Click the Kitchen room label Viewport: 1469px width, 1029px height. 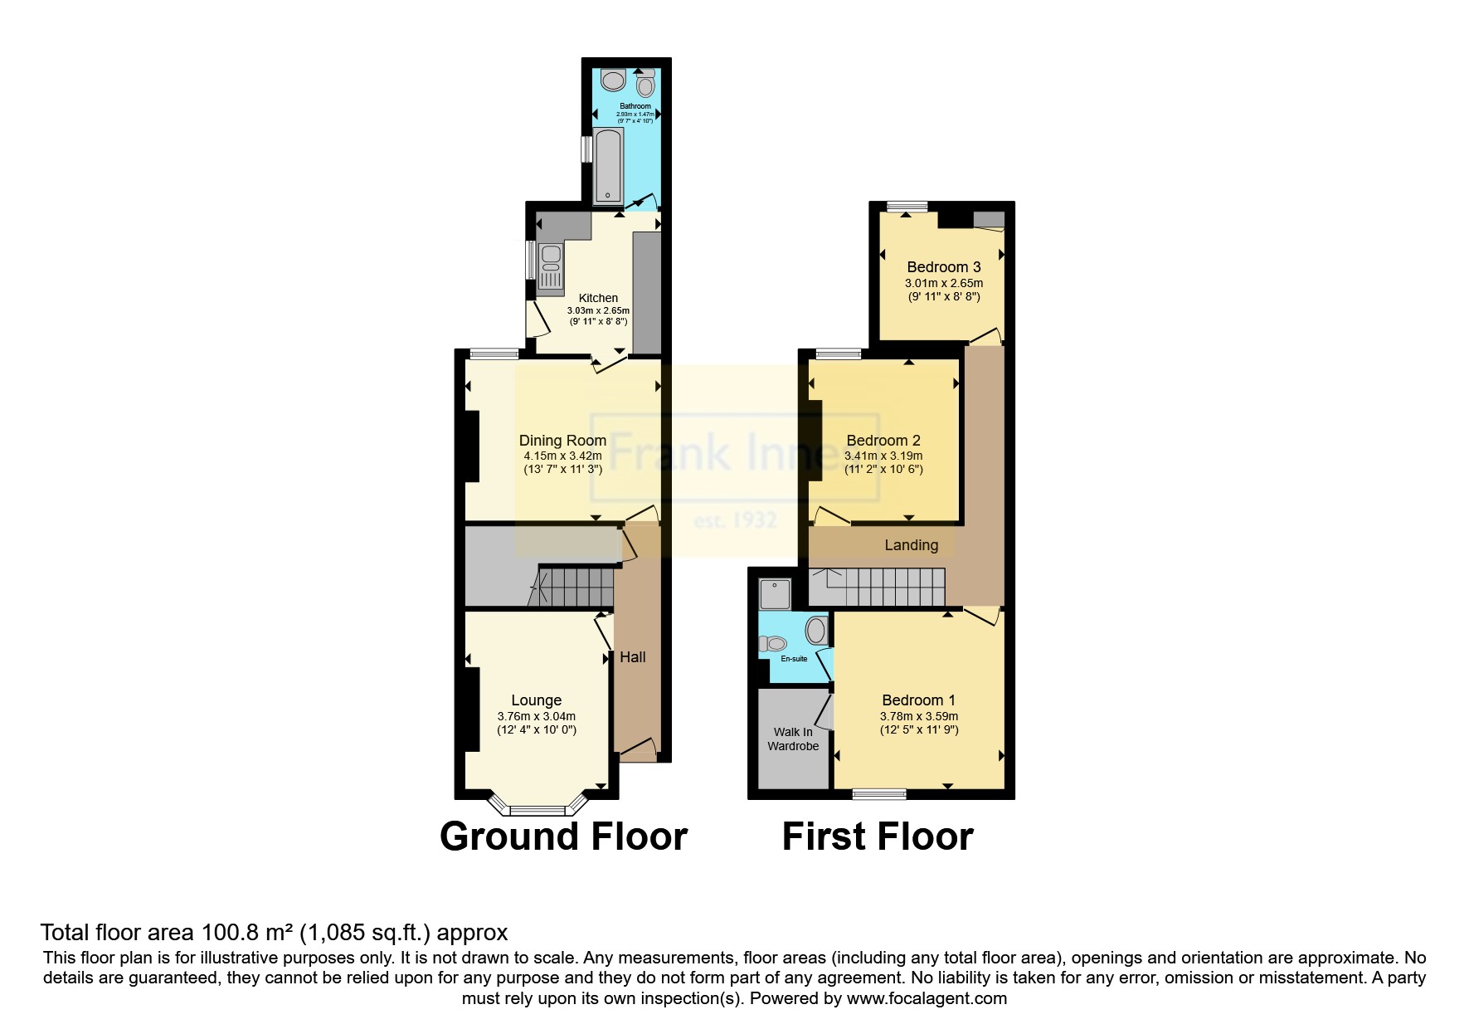pyautogui.click(x=597, y=298)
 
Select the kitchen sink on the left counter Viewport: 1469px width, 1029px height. pyautogui.click(x=549, y=259)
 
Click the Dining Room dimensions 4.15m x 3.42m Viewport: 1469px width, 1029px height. pyautogui.click(x=562, y=456)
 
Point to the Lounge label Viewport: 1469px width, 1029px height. pyautogui.click(x=536, y=700)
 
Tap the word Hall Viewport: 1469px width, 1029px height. pyautogui.click(x=632, y=657)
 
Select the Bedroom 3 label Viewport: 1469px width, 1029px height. pyautogui.click(x=943, y=267)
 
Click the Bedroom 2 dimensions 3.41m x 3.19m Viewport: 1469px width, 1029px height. pyautogui.click(x=883, y=456)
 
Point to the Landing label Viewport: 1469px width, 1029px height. pyautogui.click(x=911, y=545)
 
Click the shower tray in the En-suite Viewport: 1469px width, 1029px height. pyautogui.click(x=776, y=591)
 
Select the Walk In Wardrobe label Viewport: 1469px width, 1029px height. pyautogui.click(x=793, y=739)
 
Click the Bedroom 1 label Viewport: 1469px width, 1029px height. pyautogui.click(x=918, y=700)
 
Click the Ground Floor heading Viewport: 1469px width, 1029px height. pyautogui.click(x=563, y=836)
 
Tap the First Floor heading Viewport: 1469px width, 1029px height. pyautogui.click(x=877, y=836)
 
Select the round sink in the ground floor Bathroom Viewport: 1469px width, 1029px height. pyautogui.click(x=613, y=80)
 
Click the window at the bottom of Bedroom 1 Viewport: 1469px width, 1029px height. pyautogui.click(x=879, y=794)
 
